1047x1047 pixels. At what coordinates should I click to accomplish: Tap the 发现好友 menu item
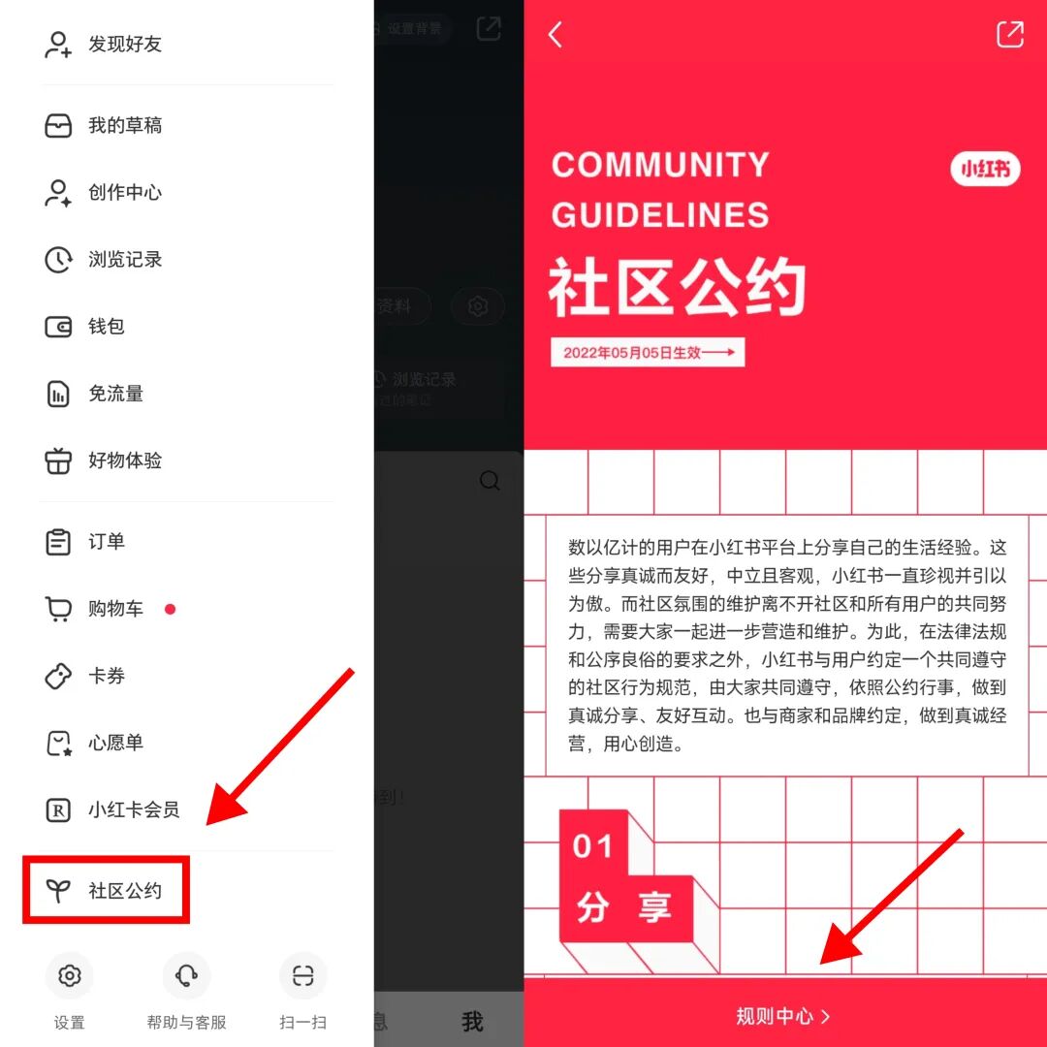[124, 45]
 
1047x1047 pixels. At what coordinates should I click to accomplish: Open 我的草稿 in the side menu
[124, 126]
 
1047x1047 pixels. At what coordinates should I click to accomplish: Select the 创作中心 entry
[124, 193]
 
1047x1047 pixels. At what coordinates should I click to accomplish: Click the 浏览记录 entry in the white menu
[124, 260]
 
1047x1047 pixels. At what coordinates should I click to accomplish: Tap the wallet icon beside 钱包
[58, 327]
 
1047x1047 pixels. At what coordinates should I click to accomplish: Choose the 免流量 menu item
[115, 394]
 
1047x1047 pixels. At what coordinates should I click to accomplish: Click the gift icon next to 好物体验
[58, 460]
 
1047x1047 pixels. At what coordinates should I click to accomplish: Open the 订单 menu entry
[106, 542]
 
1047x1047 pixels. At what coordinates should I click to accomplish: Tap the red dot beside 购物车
[171, 609]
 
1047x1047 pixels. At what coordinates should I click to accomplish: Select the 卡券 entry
[106, 676]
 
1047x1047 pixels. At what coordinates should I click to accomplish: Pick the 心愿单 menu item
[115, 743]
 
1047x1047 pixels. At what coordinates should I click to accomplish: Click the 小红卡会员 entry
[133, 809]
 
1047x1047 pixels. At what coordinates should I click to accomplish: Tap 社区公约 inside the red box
[124, 891]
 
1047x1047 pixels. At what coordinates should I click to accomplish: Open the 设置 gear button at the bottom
[70, 975]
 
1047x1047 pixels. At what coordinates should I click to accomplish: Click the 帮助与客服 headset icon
[186, 975]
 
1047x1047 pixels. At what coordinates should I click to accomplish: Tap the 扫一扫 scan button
[303, 975]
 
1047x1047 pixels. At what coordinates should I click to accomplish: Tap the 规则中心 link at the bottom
[783, 1016]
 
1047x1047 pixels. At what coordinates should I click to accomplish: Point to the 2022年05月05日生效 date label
[648, 353]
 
